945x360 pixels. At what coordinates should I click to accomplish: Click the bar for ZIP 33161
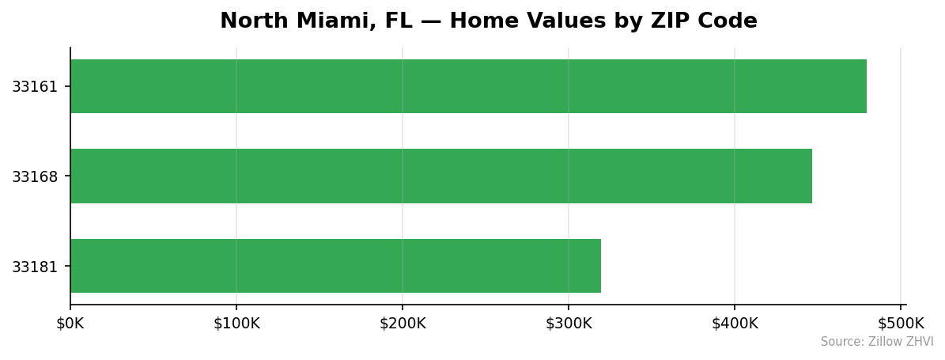coord(468,86)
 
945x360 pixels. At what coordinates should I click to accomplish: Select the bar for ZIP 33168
coord(441,176)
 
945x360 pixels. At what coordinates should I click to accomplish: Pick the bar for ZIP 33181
coord(335,266)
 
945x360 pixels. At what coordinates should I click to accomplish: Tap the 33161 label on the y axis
coord(35,86)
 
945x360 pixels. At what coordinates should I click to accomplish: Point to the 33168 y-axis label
coord(35,176)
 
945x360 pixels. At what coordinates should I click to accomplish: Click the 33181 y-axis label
coord(35,267)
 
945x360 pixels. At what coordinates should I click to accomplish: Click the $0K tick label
coord(70,323)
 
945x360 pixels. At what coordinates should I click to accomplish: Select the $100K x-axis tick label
coord(236,323)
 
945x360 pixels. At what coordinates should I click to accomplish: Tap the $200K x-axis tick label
coord(403,323)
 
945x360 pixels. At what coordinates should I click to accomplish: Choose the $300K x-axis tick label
coord(569,323)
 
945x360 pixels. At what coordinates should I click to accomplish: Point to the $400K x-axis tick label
coord(735,323)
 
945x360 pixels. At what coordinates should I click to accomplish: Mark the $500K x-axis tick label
coord(901,323)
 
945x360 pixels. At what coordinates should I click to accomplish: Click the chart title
coord(488,21)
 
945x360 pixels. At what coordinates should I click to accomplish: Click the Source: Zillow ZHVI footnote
coord(877,342)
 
